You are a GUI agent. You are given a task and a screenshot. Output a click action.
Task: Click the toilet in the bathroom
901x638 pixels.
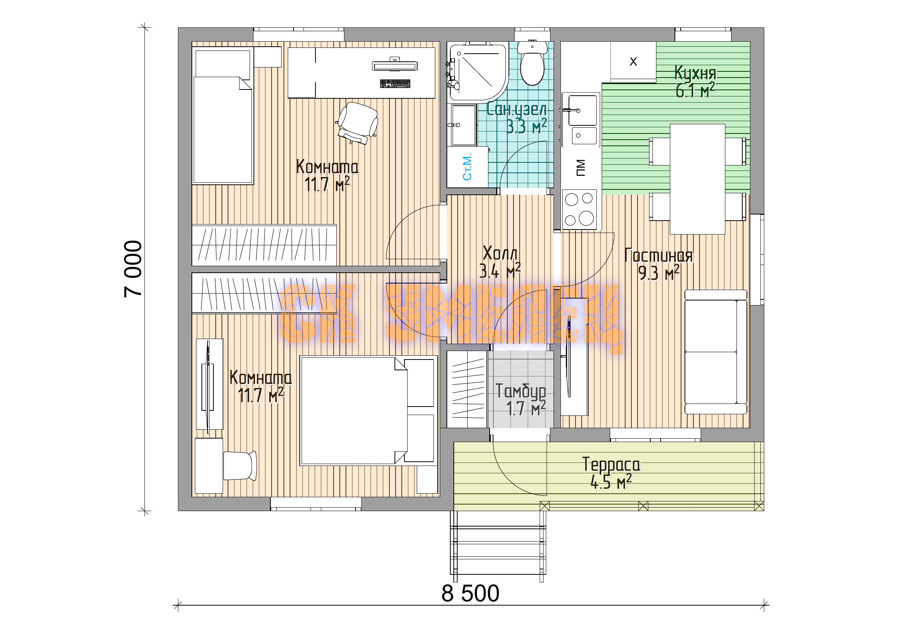tap(532, 63)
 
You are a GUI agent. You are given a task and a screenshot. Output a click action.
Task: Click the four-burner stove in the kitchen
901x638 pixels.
tap(579, 209)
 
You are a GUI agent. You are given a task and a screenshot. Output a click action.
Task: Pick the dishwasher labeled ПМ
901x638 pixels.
tap(581, 168)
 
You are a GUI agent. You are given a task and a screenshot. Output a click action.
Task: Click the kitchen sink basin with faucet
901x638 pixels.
tap(581, 120)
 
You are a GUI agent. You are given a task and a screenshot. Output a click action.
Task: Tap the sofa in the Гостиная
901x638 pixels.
tap(716, 352)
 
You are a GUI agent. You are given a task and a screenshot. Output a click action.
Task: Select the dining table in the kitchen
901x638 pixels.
tap(697, 179)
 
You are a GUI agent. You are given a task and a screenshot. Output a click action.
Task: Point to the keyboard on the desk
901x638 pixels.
tap(395, 84)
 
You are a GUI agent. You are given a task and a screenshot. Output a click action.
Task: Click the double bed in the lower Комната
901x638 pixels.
tap(369, 410)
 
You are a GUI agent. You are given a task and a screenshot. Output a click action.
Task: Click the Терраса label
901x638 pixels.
tap(611, 465)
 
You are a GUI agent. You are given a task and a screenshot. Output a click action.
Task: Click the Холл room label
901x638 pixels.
tap(500, 253)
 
